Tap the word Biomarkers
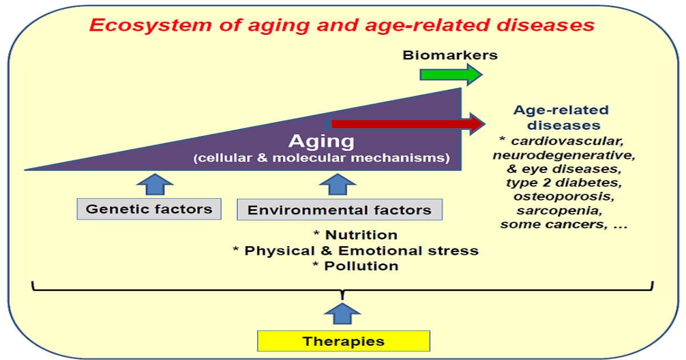(x=450, y=55)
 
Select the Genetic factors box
(x=149, y=209)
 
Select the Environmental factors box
(x=339, y=210)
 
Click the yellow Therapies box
(x=343, y=342)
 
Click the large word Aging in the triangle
(x=321, y=141)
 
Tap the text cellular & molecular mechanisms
(x=321, y=158)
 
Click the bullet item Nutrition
(x=355, y=235)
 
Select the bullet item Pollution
(x=355, y=266)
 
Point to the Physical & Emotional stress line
(x=356, y=250)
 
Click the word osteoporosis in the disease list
(x=563, y=197)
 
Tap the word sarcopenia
(x=563, y=210)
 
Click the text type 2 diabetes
(x=563, y=183)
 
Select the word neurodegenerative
(x=563, y=155)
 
